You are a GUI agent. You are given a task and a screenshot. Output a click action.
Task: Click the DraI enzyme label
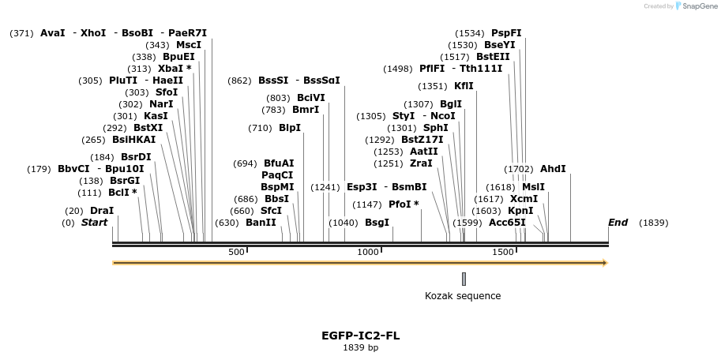[101, 211]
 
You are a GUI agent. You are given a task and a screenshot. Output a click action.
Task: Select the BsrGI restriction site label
[124, 181]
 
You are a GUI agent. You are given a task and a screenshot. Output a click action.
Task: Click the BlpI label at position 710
[290, 128]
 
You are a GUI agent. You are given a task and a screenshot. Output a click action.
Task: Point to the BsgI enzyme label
[377, 223]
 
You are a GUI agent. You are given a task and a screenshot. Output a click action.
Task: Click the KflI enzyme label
[464, 86]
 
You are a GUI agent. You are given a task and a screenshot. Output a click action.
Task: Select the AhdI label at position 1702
[553, 169]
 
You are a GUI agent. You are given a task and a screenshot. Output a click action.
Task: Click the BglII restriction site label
[451, 104]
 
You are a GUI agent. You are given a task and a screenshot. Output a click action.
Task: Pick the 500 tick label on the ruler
[236, 252]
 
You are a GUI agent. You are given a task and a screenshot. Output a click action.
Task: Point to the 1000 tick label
[369, 252]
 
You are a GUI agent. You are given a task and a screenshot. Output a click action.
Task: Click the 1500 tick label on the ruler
[503, 252]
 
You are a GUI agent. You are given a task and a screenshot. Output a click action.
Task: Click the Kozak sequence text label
[463, 296]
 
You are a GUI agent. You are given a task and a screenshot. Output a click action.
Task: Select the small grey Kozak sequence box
[464, 279]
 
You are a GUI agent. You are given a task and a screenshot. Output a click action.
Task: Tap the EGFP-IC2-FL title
[360, 336]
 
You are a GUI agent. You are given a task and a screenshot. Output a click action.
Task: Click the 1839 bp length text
[360, 347]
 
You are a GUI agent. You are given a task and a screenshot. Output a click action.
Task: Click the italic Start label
[94, 223]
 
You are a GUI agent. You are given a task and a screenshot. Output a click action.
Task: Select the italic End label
[618, 223]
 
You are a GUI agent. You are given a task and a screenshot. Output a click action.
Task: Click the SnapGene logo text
[695, 6]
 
